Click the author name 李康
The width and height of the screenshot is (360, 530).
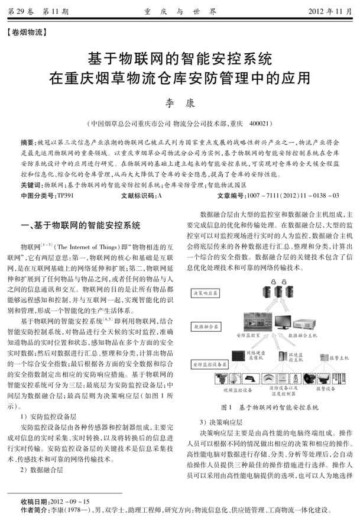[x=179, y=104]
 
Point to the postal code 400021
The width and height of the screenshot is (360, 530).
[x=261, y=124]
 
